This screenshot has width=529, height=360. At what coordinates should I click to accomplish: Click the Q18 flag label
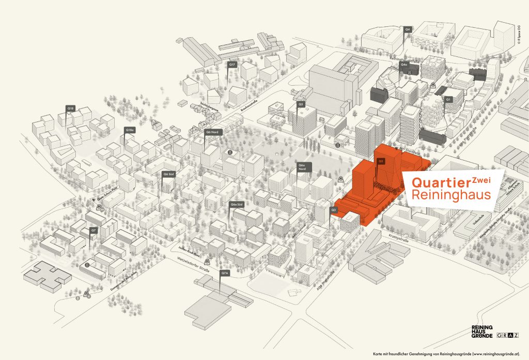coord(71,108)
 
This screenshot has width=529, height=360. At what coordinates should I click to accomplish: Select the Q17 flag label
coord(232,65)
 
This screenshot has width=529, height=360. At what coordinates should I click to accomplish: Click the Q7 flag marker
coord(94,230)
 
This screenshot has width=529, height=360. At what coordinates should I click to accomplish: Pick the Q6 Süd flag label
coord(168,174)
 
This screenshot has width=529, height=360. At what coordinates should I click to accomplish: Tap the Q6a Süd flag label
coord(237,205)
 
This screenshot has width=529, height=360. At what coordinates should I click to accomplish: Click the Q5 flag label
coord(301,104)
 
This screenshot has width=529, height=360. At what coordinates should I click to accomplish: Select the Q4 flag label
coord(408,29)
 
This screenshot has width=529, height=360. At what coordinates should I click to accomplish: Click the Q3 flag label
coord(334,210)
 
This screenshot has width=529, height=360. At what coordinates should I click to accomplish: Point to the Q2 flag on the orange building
coord(381,161)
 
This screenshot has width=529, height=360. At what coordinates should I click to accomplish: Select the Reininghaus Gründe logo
coord(481,332)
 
